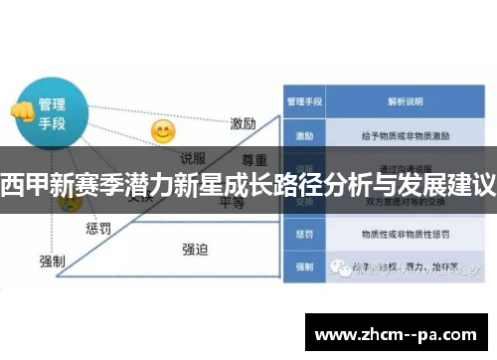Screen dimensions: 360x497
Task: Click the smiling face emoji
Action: tap(163, 131)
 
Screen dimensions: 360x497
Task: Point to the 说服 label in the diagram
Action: tap(193, 157)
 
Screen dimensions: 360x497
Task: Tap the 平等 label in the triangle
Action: tap(232, 203)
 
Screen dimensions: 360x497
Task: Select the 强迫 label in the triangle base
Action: tap(194, 249)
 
